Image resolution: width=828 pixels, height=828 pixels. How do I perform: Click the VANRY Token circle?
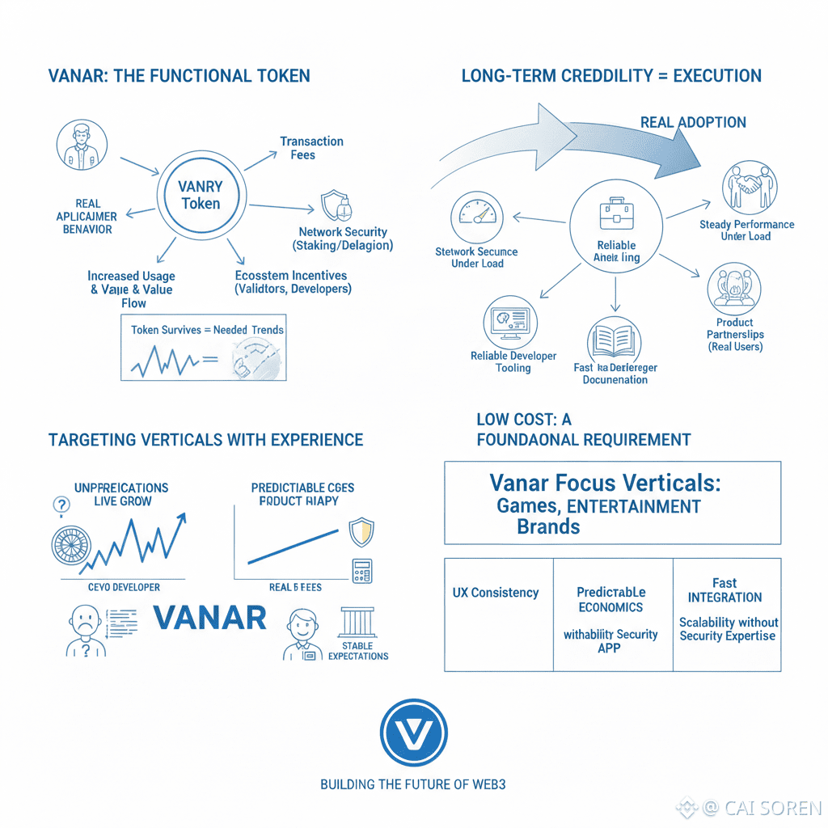point(200,195)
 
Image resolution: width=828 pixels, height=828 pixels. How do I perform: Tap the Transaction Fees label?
point(311,147)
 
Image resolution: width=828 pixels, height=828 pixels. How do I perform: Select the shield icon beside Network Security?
point(336,205)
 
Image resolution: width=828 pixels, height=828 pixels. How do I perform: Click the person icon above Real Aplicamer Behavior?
point(82,146)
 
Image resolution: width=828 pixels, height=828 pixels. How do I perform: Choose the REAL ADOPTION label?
point(693,122)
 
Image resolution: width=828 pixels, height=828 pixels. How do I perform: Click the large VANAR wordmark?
point(209,618)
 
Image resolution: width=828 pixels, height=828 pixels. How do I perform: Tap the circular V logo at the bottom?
point(413,733)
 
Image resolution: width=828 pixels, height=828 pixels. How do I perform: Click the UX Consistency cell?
point(495,593)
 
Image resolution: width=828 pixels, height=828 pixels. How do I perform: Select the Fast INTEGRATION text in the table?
point(724,590)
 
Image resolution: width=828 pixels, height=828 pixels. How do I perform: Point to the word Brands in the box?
point(548,526)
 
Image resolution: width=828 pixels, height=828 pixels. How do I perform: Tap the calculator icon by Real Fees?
point(361,570)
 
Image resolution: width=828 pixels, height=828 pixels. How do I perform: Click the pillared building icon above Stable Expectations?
point(357,622)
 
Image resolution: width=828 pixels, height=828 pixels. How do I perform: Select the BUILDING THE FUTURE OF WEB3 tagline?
point(413,784)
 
